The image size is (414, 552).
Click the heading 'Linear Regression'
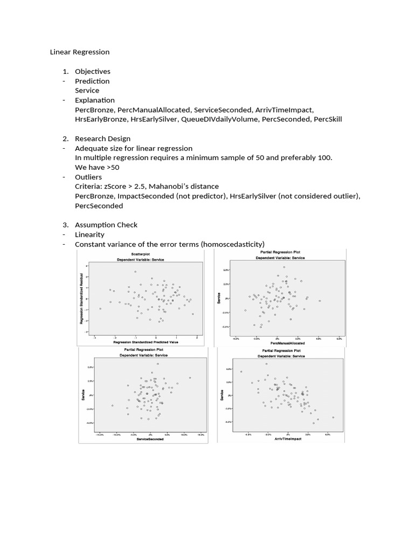click(x=80, y=52)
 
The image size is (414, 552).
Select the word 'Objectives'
click(x=92, y=72)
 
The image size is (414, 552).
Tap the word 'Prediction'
click(x=92, y=81)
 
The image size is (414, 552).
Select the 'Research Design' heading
click(x=102, y=139)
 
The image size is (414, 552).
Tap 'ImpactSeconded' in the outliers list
click(x=146, y=196)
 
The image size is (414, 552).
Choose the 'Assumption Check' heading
click(x=106, y=225)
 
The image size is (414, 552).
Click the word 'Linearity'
click(x=89, y=234)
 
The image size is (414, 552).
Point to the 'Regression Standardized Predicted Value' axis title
click(x=146, y=342)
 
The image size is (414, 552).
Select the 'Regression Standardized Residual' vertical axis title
click(x=81, y=300)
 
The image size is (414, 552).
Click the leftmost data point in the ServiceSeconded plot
click(x=112, y=405)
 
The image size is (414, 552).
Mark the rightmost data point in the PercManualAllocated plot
click(x=320, y=301)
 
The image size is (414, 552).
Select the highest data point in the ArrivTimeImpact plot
click(x=266, y=364)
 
